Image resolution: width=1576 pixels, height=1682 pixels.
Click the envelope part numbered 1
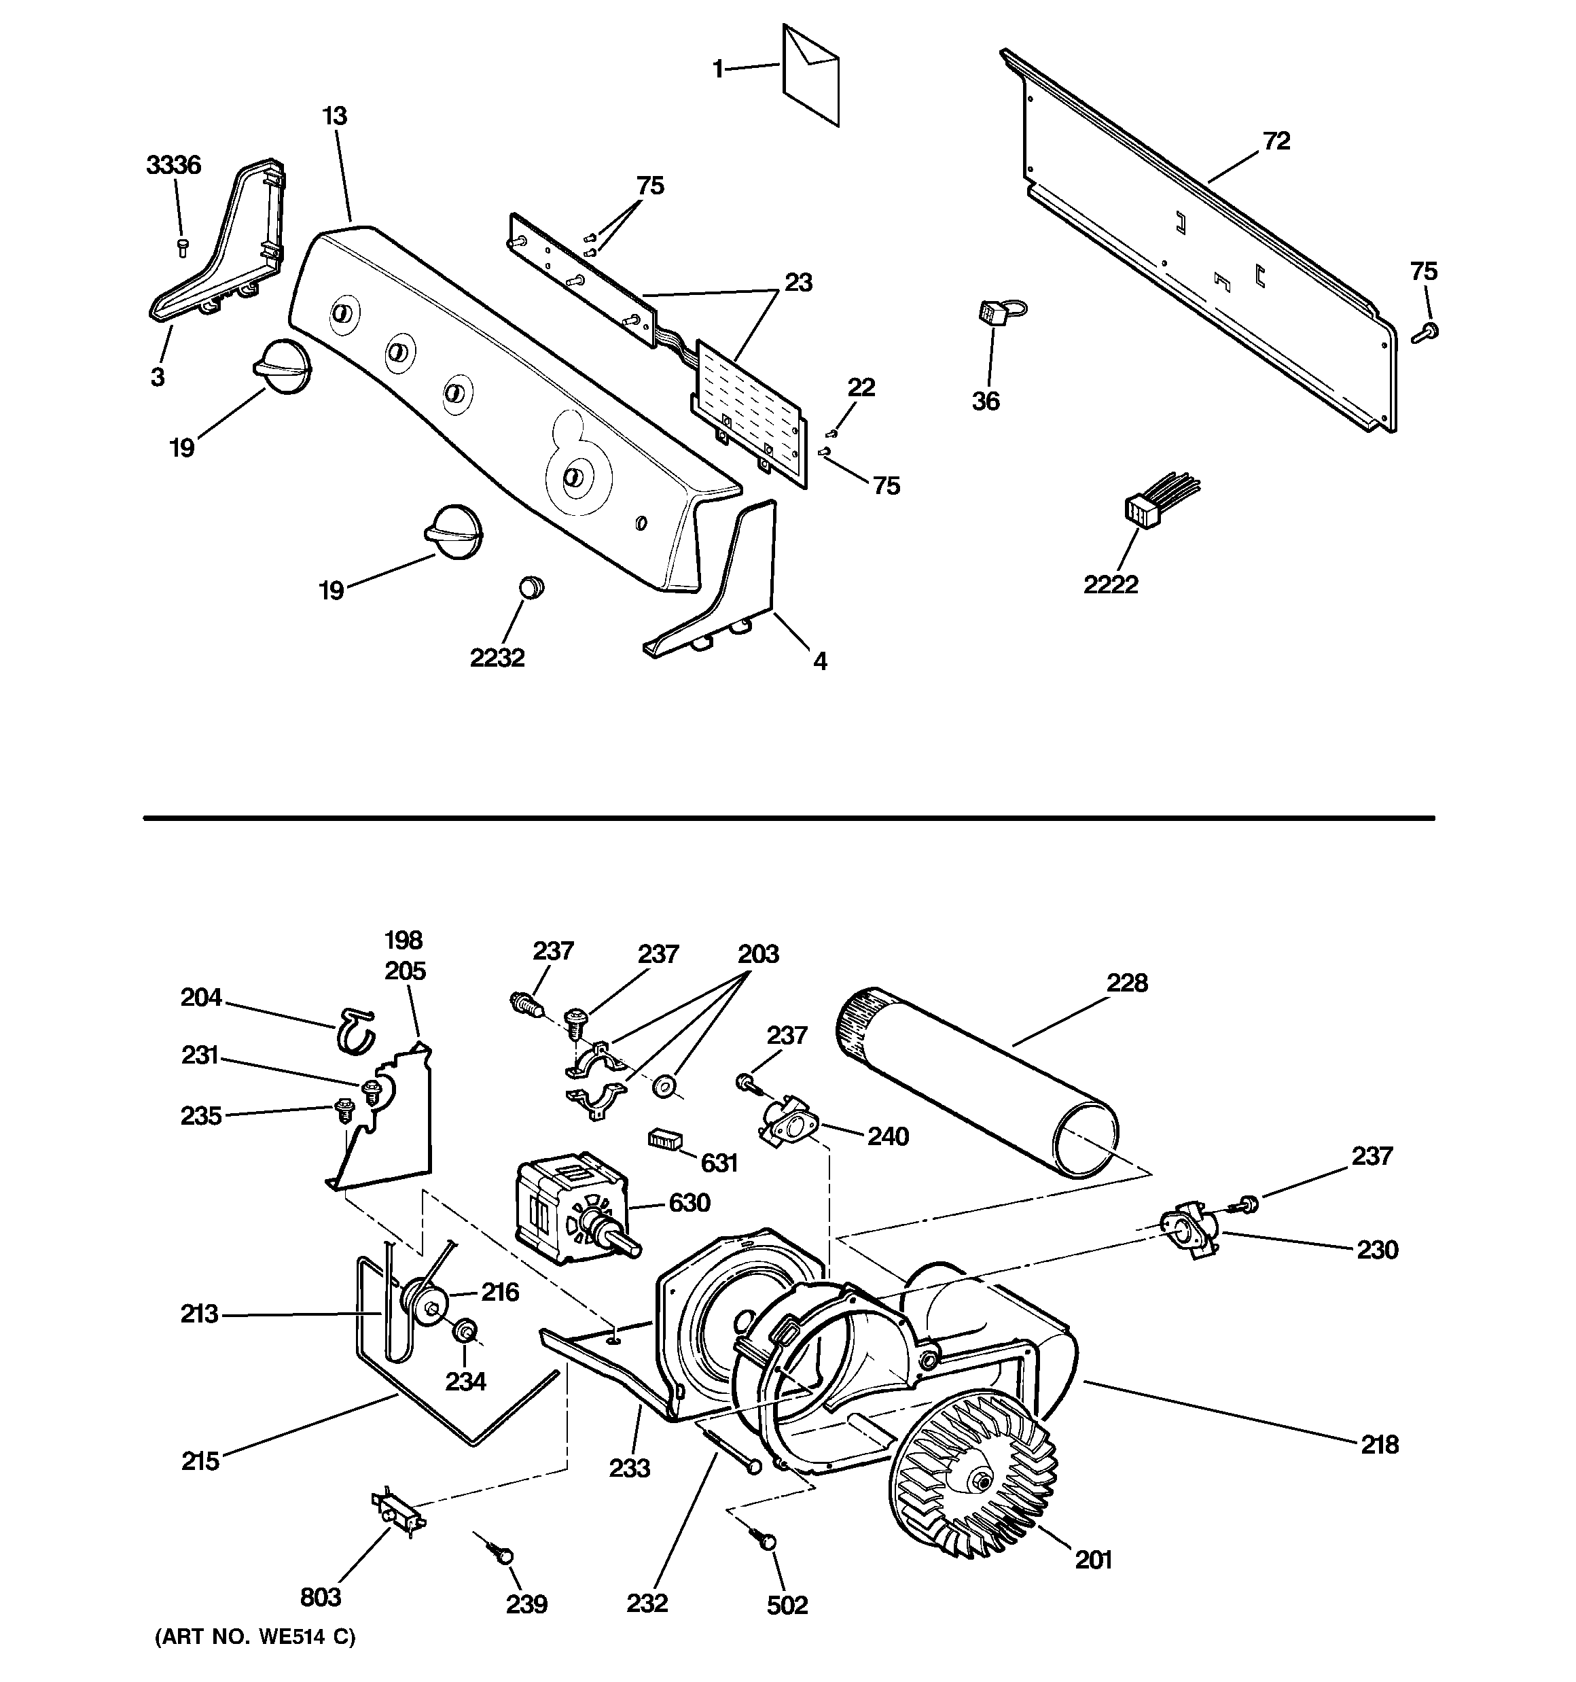point(810,75)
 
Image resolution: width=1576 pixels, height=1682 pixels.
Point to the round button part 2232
point(531,586)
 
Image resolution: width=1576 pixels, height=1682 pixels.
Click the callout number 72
point(1276,141)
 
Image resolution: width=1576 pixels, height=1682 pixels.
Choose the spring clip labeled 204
point(354,1030)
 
